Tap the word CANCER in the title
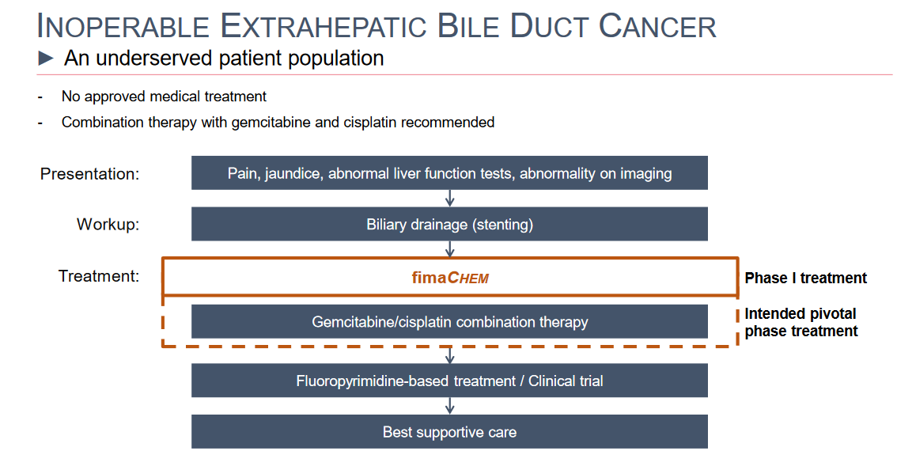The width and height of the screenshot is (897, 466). click(657, 26)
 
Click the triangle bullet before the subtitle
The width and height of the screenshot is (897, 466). click(46, 58)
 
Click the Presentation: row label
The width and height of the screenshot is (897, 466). click(90, 173)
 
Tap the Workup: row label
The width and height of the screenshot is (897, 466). click(108, 224)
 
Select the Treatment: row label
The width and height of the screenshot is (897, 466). click(99, 276)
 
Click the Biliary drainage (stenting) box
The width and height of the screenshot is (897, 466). click(449, 224)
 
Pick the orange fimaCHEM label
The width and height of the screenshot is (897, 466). click(450, 278)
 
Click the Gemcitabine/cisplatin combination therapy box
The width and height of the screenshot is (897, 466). click(449, 322)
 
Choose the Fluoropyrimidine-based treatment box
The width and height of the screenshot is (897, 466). click(449, 381)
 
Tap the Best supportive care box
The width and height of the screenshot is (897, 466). click(449, 432)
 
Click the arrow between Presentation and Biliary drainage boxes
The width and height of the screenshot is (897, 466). click(449, 198)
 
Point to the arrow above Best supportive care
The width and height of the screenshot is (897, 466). click(449, 406)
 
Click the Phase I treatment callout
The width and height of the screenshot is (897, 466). click(805, 278)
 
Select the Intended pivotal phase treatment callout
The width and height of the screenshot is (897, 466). click(800, 322)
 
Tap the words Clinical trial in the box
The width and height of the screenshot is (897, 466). click(566, 381)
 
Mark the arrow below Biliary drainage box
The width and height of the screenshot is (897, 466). click(449, 249)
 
